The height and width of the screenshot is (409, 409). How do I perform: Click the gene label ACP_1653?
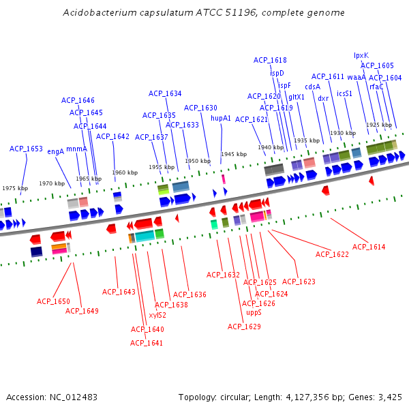click(x=26, y=149)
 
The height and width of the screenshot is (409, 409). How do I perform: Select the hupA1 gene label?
click(x=221, y=118)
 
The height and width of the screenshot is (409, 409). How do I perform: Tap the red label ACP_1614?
click(x=369, y=247)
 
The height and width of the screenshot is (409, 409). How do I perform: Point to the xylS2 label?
click(x=157, y=315)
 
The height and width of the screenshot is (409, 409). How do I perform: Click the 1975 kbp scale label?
click(x=15, y=188)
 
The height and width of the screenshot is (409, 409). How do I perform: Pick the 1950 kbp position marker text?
click(x=198, y=161)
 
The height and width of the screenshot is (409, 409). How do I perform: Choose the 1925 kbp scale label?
click(x=379, y=125)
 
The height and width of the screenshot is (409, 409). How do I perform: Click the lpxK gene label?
click(x=361, y=56)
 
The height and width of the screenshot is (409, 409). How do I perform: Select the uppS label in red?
click(x=254, y=312)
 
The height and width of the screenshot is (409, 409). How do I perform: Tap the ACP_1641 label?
click(x=147, y=343)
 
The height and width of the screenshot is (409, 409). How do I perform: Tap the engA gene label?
click(x=55, y=151)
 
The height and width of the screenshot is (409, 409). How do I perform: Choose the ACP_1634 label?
click(x=165, y=93)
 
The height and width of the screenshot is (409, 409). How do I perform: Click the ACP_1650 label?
click(x=53, y=301)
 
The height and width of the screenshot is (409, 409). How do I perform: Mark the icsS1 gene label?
click(x=344, y=93)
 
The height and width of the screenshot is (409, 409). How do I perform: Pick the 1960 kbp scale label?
click(x=125, y=172)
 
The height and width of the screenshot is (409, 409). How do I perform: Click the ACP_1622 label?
click(x=332, y=254)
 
